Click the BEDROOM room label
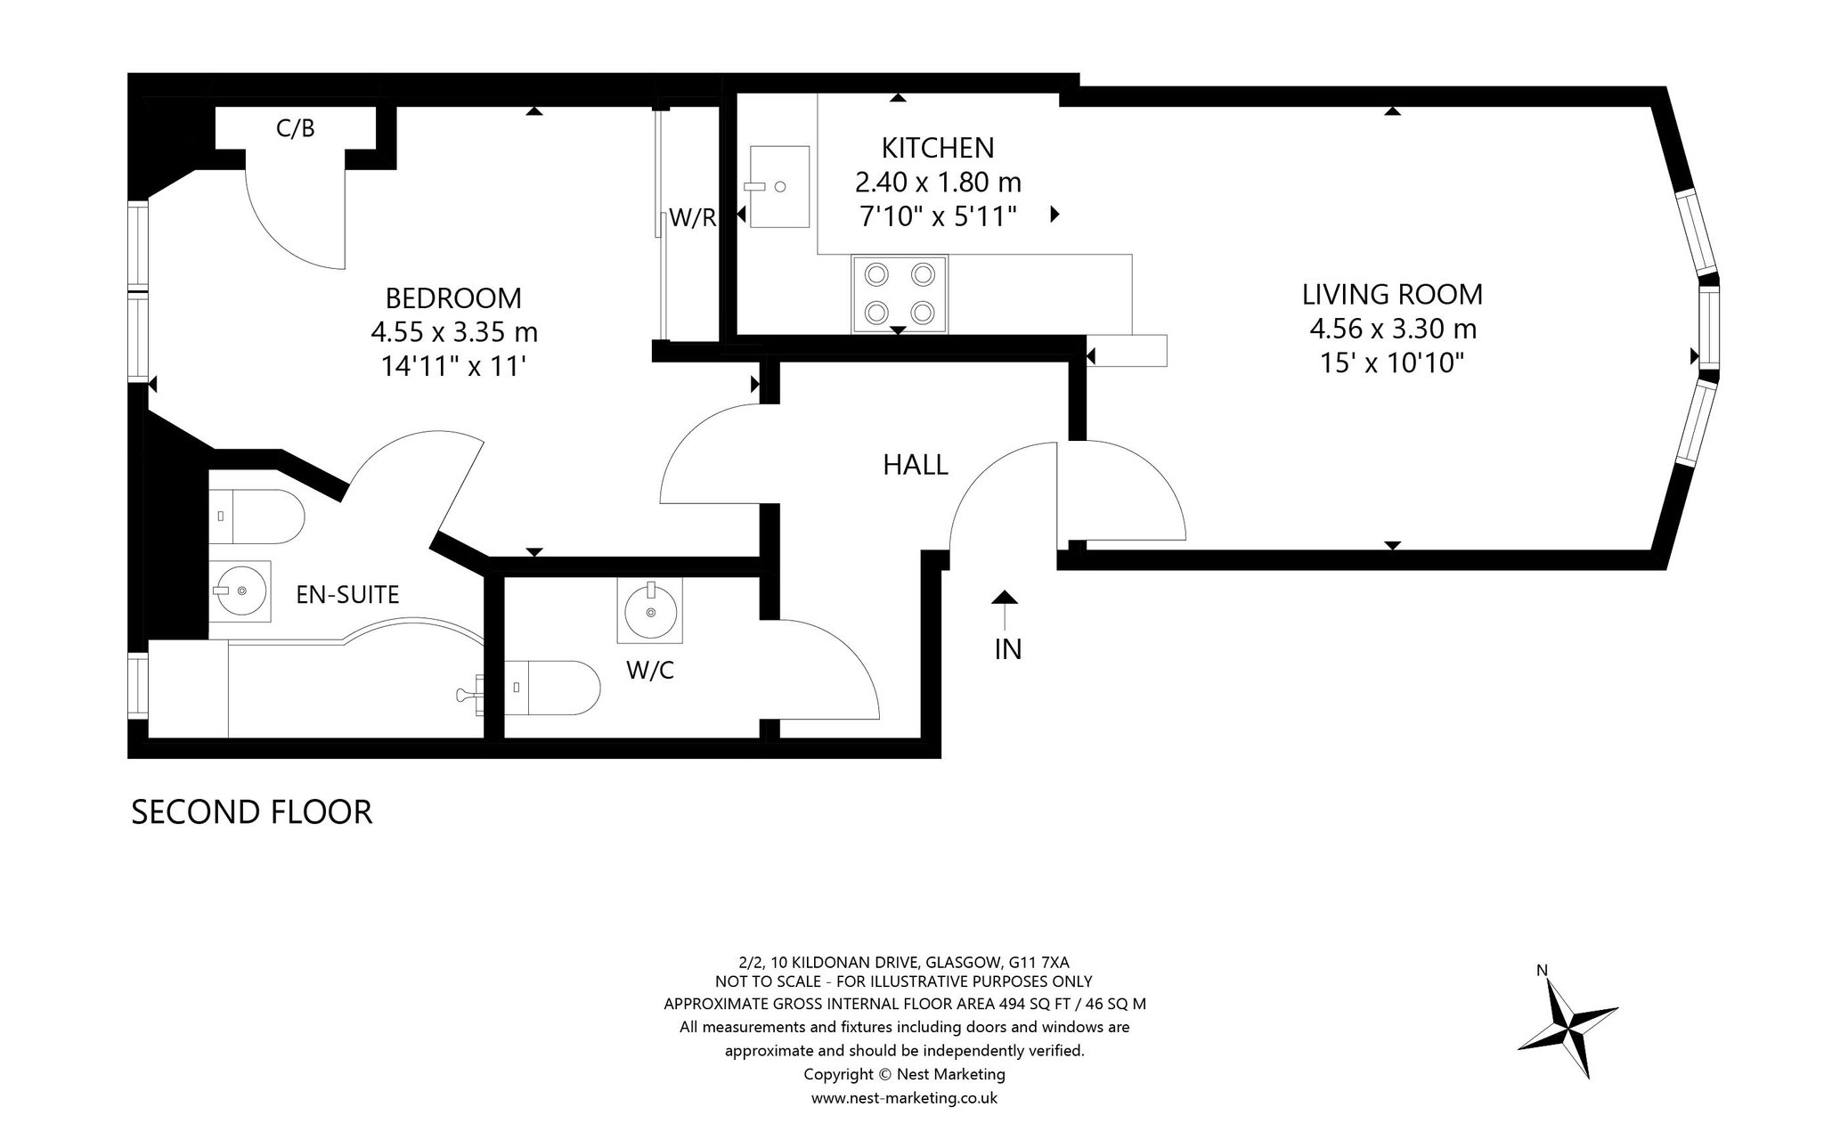453,297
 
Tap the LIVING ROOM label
1393,294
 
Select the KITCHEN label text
938,147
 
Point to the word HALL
916,464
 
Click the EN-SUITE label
347,594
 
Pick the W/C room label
650,670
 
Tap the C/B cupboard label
296,128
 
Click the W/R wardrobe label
693,217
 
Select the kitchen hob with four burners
900,294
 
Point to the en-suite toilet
257,517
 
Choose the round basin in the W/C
650,610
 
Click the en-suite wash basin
240,589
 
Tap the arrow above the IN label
1005,610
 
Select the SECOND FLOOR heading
251,812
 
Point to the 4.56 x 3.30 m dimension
1393,329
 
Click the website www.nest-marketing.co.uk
904,1098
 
